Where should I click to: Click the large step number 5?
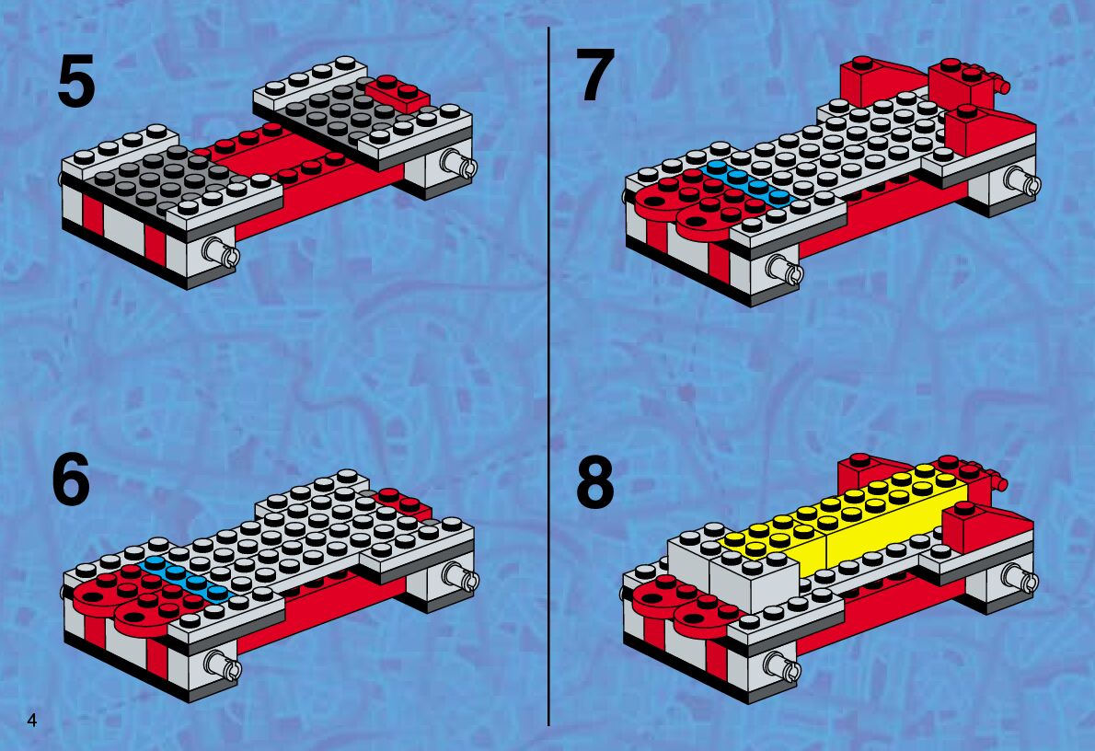76,82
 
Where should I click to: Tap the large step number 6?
71,479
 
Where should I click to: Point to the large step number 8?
595,483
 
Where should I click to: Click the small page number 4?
32,720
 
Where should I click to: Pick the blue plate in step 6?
185,579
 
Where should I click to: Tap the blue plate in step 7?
751,184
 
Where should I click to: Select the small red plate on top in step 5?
398,91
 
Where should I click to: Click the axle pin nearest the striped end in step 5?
222,251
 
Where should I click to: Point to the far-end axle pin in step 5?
459,164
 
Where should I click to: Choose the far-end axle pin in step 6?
462,576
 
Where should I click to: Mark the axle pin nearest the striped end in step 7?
785,269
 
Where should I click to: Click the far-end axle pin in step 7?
1023,180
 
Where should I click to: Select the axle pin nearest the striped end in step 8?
784,666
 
